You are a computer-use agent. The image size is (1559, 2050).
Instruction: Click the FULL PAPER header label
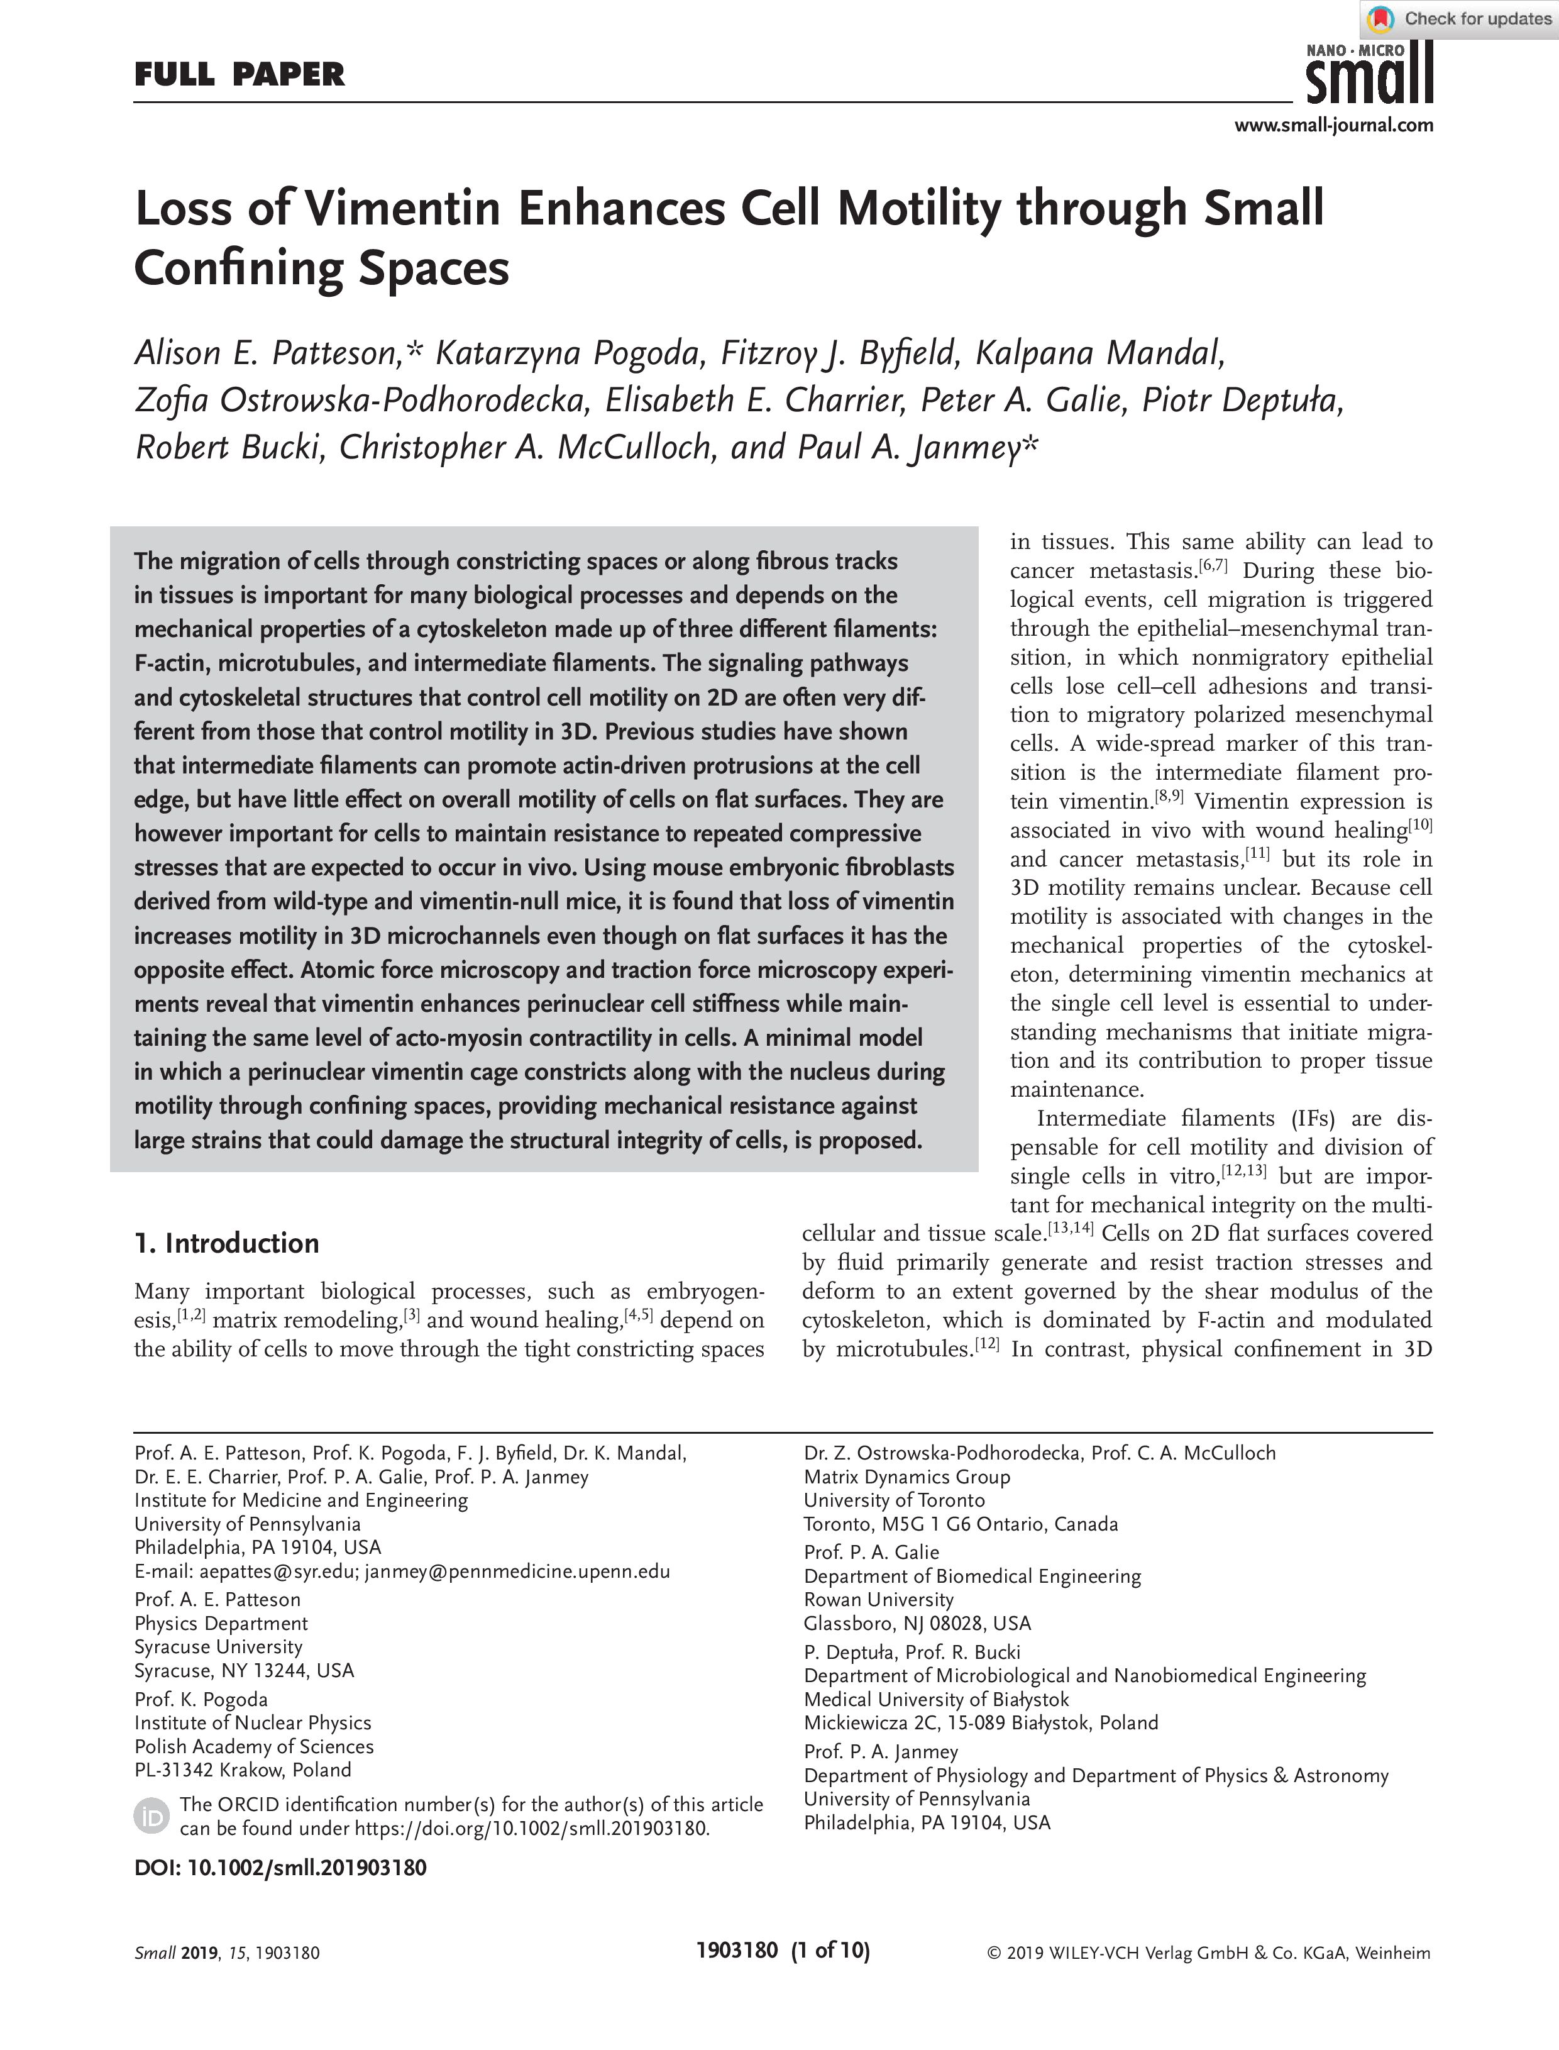(x=240, y=74)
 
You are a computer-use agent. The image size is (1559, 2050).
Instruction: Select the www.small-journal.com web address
(x=1333, y=125)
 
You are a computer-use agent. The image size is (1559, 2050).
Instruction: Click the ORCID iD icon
(x=151, y=1816)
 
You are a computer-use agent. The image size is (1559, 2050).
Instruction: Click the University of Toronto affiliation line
(x=894, y=1500)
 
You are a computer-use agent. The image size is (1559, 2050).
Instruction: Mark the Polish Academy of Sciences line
(x=253, y=1746)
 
